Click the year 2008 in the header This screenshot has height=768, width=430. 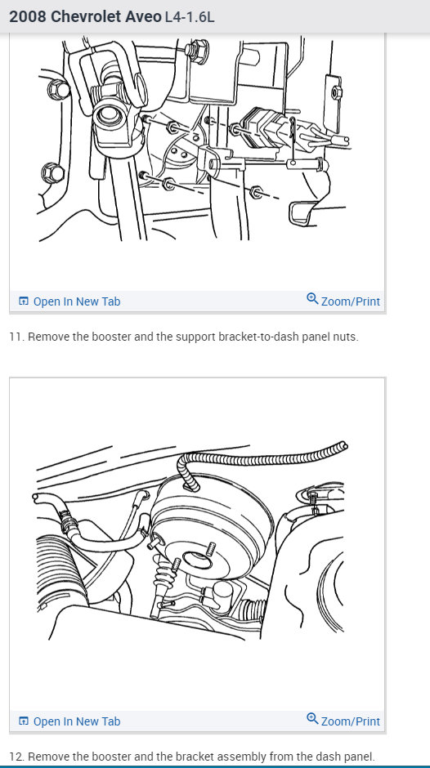click(x=27, y=16)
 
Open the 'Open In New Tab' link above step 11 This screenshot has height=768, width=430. click(x=76, y=301)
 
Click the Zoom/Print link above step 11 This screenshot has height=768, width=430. click(x=350, y=301)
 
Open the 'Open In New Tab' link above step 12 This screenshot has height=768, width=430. click(x=76, y=721)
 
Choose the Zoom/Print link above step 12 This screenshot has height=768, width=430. click(x=350, y=721)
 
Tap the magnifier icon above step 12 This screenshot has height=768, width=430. click(x=312, y=720)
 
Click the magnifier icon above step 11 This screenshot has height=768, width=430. click(x=312, y=300)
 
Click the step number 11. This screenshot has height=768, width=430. click(x=15, y=337)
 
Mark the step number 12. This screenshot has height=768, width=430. click(x=15, y=757)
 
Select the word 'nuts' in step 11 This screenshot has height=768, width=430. click(x=344, y=337)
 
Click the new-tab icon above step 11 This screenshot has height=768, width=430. click(x=23, y=301)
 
